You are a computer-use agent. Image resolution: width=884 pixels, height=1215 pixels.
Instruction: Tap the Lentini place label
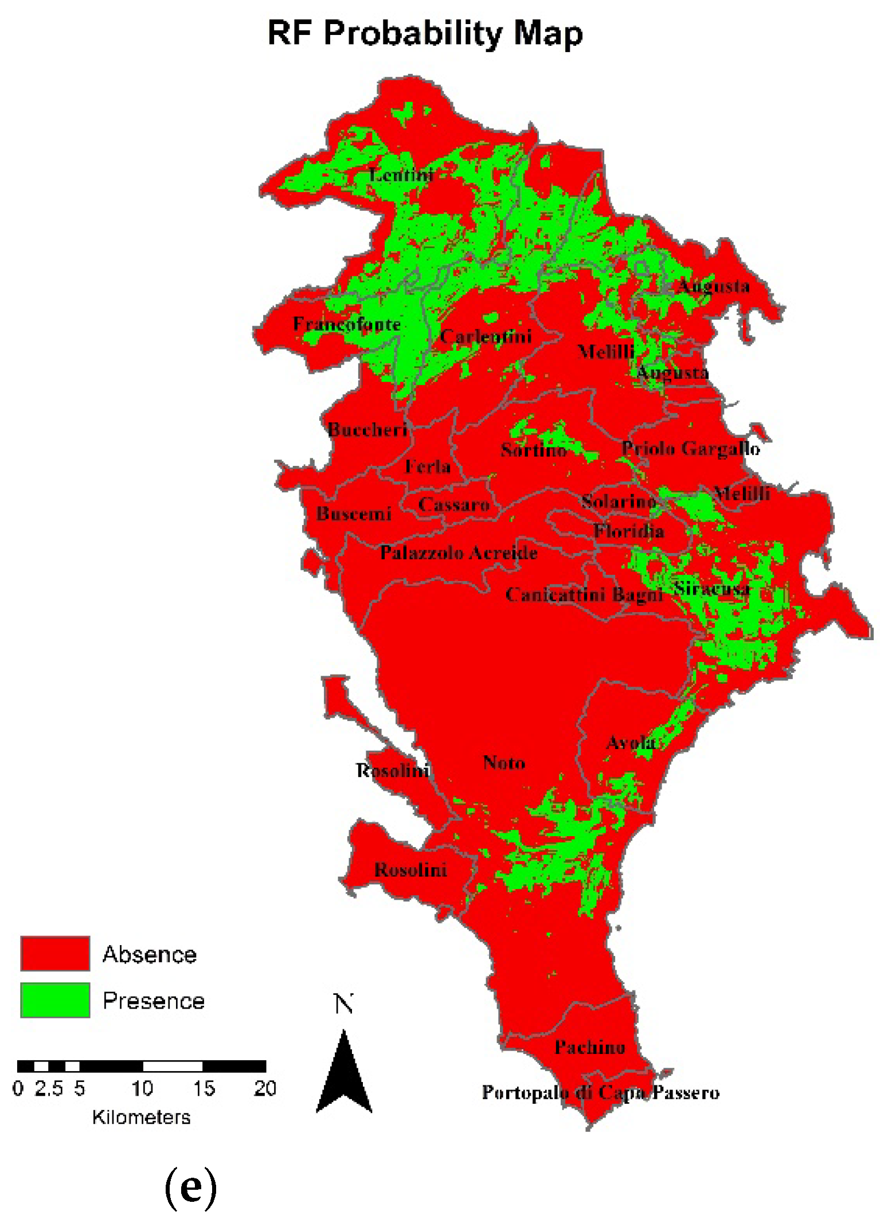click(x=401, y=174)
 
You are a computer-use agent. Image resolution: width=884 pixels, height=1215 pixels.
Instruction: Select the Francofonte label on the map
click(x=347, y=324)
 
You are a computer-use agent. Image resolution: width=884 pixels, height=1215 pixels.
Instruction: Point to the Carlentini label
click(x=486, y=336)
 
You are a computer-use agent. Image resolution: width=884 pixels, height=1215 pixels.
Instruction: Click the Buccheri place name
click(x=367, y=429)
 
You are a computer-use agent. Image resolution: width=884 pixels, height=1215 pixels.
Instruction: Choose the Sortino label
click(x=534, y=450)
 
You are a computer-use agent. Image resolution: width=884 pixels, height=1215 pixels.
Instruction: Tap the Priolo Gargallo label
click(x=691, y=448)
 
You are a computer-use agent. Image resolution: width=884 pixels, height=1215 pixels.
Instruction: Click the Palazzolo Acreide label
click(x=459, y=552)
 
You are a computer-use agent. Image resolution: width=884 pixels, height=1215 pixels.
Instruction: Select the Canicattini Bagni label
click(x=584, y=594)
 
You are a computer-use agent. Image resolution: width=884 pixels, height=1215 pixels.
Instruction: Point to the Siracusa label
click(x=711, y=589)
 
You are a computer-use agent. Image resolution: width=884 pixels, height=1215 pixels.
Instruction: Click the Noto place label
click(x=504, y=763)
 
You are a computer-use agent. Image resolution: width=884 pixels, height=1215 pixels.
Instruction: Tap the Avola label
click(x=631, y=743)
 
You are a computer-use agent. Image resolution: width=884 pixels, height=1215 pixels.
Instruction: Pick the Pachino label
click(x=589, y=1047)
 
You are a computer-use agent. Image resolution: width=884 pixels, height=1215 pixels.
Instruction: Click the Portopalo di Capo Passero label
click(x=600, y=1092)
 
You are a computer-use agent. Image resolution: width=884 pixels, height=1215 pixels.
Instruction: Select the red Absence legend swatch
click(x=55, y=954)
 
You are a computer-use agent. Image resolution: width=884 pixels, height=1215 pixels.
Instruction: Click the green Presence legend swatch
click(x=55, y=1000)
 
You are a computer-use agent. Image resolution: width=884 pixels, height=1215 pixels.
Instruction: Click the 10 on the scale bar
click(x=142, y=1088)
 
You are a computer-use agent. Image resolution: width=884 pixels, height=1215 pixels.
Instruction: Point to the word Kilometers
click(x=141, y=1117)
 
